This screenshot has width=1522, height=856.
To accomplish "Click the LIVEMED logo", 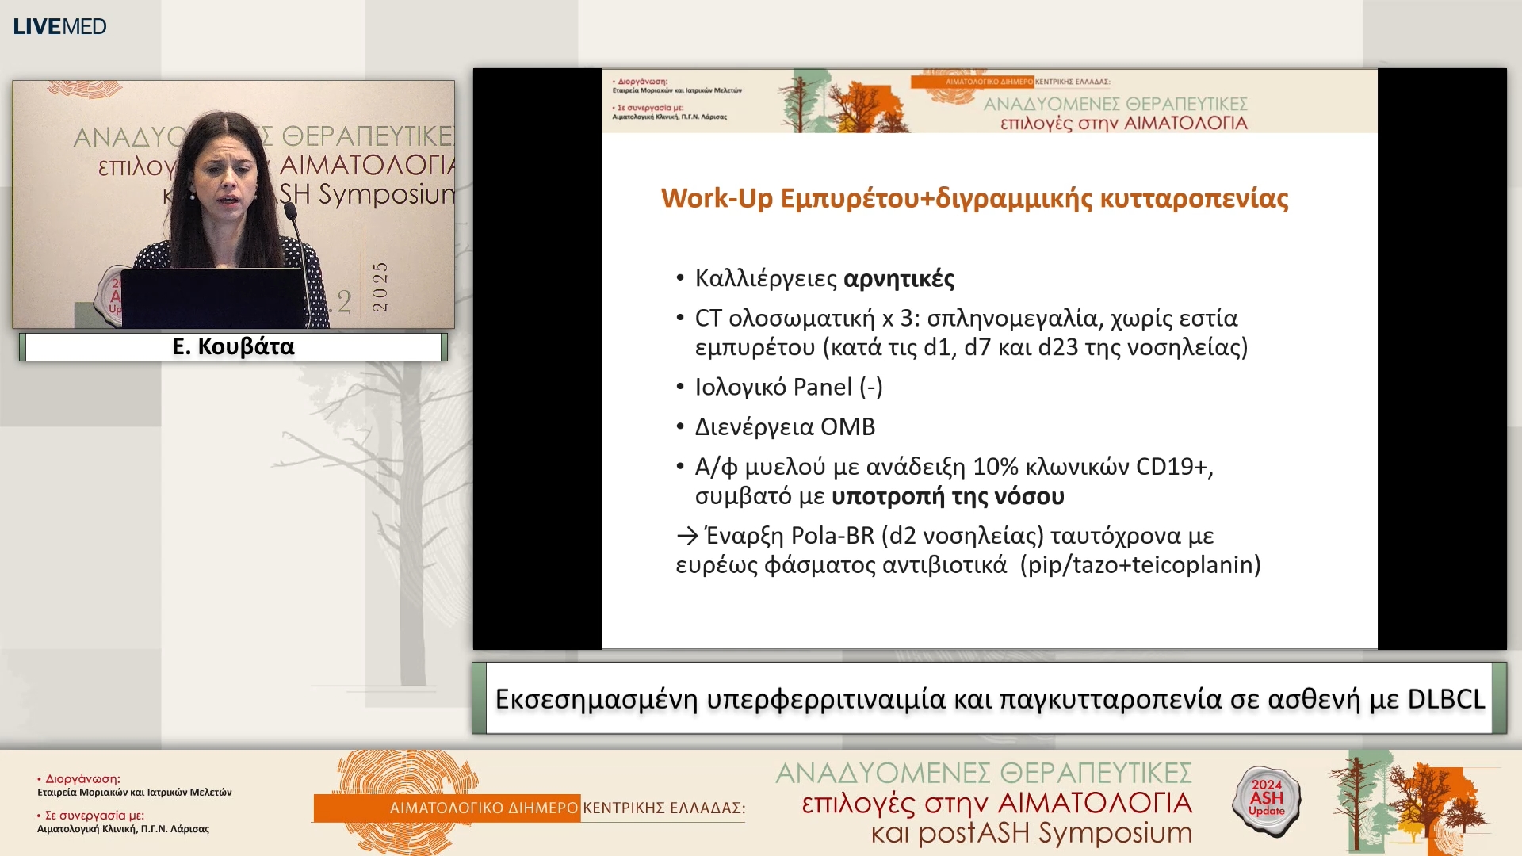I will click(59, 26).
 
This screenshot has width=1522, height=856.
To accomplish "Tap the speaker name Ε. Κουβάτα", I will click(233, 346).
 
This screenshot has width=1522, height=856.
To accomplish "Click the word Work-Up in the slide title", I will click(716, 198).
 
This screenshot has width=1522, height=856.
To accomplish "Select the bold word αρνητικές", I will click(899, 279).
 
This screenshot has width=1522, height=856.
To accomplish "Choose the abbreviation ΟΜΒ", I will click(847, 427).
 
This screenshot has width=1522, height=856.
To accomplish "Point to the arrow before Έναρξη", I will click(686, 537).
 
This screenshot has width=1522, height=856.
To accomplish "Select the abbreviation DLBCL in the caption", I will click(1445, 699).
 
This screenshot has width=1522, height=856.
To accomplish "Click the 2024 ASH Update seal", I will click(1266, 799).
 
